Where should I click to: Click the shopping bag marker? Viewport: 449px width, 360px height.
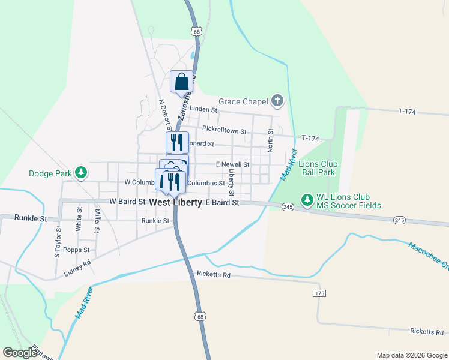(181, 82)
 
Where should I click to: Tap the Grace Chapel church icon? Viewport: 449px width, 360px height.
(277, 101)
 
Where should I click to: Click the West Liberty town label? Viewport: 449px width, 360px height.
(175, 203)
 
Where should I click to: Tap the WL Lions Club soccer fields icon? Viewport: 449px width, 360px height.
(307, 198)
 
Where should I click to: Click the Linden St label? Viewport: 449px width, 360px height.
(203, 109)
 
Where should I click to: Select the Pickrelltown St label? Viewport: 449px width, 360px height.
(224, 130)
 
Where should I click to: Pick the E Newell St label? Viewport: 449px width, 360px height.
(232, 164)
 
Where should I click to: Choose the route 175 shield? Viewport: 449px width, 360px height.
(319, 293)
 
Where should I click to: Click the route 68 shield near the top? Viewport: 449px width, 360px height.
(196, 31)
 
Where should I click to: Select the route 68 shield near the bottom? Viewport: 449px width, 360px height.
(200, 316)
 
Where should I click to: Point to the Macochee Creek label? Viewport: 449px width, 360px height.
(428, 254)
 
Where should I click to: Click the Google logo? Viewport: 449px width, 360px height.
(20, 353)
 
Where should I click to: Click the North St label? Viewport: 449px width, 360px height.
(270, 140)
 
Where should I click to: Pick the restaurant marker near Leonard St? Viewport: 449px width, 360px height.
(177, 142)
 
